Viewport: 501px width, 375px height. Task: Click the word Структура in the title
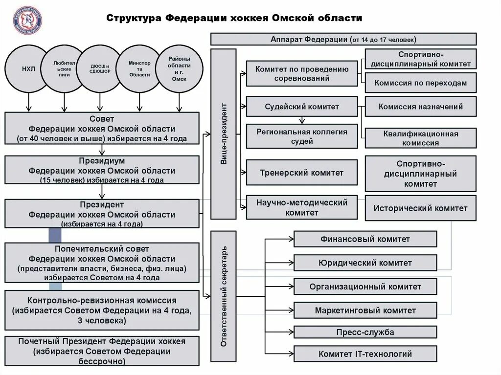[x=133, y=19]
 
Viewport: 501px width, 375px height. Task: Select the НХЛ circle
[x=28, y=69]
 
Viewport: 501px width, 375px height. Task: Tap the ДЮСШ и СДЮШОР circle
[x=100, y=69]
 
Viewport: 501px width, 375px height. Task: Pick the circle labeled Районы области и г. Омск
[x=179, y=69]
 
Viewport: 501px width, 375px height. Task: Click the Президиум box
[x=102, y=170]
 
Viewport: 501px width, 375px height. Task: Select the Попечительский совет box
[x=102, y=263]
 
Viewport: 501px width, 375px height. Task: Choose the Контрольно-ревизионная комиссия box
[x=102, y=310]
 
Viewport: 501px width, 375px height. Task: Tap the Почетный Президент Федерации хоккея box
[x=102, y=351]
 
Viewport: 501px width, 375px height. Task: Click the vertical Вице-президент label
[x=223, y=133]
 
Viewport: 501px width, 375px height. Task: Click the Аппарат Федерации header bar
[x=343, y=39]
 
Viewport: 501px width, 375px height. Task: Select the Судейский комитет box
[x=301, y=107]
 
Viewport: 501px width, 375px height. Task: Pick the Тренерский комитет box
[x=301, y=173]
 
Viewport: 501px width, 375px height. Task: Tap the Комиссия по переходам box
[x=420, y=83]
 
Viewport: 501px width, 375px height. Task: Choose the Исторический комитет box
[x=420, y=208]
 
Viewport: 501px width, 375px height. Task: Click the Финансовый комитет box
[x=365, y=239]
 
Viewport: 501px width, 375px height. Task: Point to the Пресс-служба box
[x=365, y=332]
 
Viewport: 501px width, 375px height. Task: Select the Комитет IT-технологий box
[x=365, y=354]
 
